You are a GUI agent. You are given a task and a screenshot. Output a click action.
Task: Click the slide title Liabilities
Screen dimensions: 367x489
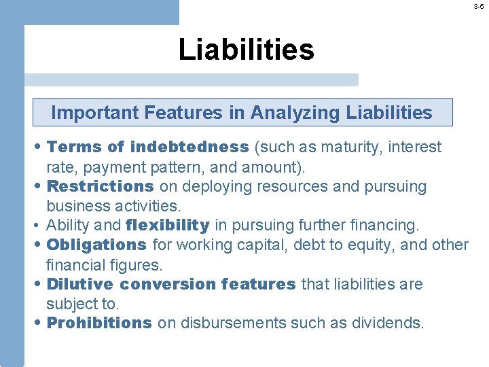[x=246, y=50]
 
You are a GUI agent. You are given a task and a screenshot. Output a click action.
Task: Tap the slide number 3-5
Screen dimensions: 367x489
[x=479, y=6]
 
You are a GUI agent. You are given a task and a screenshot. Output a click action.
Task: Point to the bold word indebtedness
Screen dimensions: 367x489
[x=189, y=147]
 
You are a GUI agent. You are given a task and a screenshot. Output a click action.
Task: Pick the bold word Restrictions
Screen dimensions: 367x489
[x=101, y=186]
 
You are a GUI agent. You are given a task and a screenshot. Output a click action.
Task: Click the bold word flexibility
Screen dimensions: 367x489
[x=168, y=225]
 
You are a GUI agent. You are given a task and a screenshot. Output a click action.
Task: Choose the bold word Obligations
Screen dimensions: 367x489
[x=96, y=245]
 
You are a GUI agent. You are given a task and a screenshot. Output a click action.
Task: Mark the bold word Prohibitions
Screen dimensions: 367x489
[x=99, y=324]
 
